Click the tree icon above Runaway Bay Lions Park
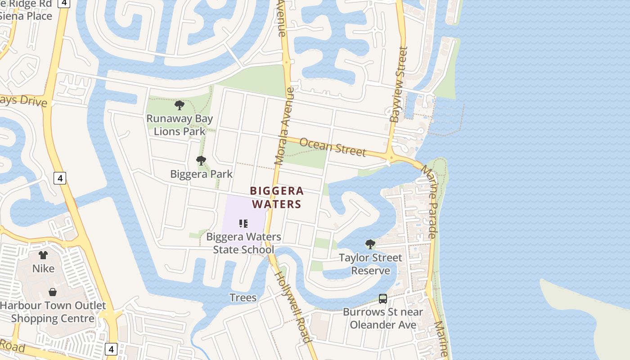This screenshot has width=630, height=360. pos(180,106)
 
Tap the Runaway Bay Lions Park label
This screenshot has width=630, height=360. pos(180,125)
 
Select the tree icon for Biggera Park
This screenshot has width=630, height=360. pos(201,161)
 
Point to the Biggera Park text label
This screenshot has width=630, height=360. pos(201,174)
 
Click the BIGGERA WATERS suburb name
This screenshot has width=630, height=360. pos(276,198)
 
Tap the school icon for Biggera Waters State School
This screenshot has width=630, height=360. pos(243,223)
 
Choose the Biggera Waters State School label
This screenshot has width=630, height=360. pos(243,243)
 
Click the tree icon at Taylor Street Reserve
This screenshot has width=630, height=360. pos(370,244)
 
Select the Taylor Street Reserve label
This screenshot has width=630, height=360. pos(370,264)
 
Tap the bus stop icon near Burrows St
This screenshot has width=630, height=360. pos(383,298)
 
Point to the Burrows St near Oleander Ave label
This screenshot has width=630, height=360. pos(383,318)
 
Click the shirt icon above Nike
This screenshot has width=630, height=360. pos(43,255)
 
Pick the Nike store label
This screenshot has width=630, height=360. pos(43,269)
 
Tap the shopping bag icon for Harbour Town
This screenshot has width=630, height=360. pos(53,292)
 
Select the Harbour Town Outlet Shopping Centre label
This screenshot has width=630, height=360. pos(53,312)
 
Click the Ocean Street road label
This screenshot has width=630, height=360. pos(333,147)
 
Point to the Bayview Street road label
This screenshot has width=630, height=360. pos(398,85)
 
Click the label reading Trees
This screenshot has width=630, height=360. pos(243,297)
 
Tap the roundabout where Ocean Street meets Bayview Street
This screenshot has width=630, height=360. pos(390,157)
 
